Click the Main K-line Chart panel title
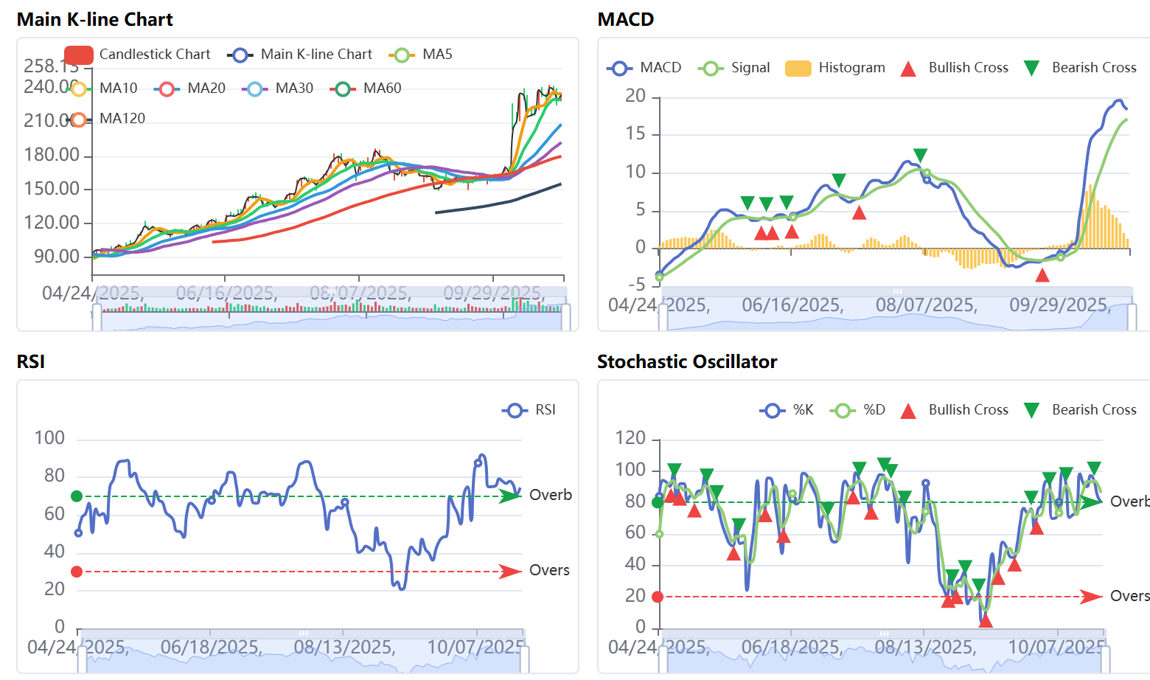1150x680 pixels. click(x=94, y=20)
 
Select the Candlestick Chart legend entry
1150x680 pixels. click(x=137, y=55)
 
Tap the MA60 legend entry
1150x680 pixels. click(x=366, y=89)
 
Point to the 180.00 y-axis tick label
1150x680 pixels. click(x=52, y=155)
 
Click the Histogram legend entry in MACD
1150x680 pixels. click(x=835, y=68)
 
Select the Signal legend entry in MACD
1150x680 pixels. click(x=734, y=68)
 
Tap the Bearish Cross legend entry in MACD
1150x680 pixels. click(x=1081, y=68)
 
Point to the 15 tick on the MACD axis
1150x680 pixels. click(x=635, y=134)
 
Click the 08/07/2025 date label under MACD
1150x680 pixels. click(x=926, y=305)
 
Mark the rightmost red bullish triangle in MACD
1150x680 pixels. click(x=1042, y=276)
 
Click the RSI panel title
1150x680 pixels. click(x=31, y=362)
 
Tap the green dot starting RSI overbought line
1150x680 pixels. click(x=77, y=496)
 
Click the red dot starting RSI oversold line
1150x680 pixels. click(x=77, y=572)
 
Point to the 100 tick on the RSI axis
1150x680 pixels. click(x=49, y=438)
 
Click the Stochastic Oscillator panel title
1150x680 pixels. click(x=686, y=362)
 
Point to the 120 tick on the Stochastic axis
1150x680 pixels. click(x=630, y=438)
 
